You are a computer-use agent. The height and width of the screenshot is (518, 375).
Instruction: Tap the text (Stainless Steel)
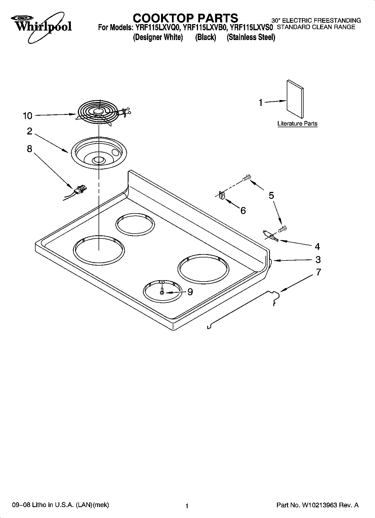[251, 37]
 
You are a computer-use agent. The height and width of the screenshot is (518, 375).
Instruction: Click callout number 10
[27, 116]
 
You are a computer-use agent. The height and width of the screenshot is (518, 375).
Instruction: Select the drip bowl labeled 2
[98, 153]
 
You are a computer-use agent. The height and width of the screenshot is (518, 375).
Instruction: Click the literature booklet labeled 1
[295, 99]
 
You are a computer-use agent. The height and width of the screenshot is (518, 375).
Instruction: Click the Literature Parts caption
[297, 124]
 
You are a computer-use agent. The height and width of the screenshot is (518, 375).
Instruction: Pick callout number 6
[243, 210]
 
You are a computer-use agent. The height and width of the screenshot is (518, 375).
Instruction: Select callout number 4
[317, 247]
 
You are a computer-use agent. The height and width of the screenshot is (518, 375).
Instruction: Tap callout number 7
[318, 272]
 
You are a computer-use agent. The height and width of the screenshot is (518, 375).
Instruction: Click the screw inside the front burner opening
[162, 292]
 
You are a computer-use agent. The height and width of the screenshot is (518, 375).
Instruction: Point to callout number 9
[190, 292]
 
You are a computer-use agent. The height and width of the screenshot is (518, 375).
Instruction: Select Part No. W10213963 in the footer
[317, 505]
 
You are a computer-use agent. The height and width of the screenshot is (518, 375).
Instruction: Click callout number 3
[318, 260]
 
